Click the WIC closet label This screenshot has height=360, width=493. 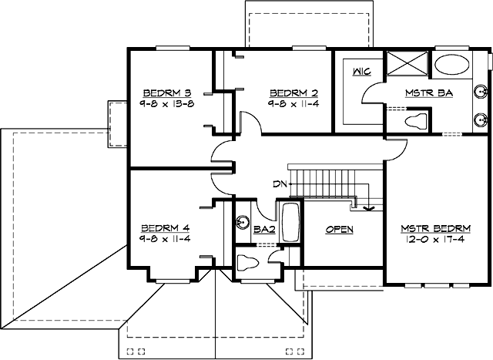[x=361, y=72]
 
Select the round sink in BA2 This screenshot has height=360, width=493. [x=242, y=222]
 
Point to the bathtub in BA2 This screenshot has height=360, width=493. [x=292, y=222]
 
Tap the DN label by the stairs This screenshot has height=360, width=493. [x=279, y=184]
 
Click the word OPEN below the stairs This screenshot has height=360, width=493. [x=340, y=230]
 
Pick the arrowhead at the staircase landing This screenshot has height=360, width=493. [x=367, y=207]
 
